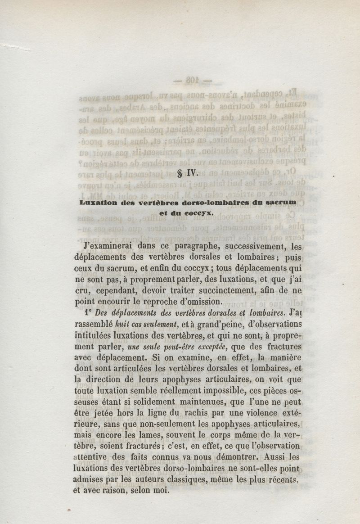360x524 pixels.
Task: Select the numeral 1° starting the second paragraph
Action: [x=87, y=312]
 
